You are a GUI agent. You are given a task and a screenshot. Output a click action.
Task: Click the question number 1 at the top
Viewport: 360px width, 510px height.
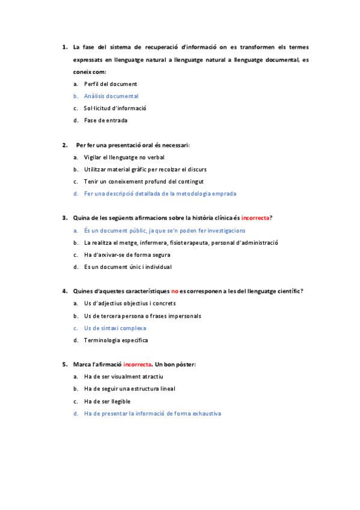(64, 47)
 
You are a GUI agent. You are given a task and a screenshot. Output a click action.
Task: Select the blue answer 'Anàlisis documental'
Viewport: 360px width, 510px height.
(111, 96)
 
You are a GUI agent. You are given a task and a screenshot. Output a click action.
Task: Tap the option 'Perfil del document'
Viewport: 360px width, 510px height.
(111, 84)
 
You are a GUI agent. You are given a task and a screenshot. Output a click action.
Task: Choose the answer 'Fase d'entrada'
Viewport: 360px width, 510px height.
(105, 120)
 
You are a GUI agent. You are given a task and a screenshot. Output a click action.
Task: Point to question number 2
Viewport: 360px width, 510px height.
(64, 145)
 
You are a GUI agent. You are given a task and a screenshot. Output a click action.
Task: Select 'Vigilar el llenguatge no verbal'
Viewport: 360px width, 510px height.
(120, 157)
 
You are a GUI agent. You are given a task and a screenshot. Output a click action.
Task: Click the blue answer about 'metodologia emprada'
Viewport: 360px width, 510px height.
(160, 194)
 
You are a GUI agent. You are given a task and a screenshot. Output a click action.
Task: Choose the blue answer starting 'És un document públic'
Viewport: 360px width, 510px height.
(164, 230)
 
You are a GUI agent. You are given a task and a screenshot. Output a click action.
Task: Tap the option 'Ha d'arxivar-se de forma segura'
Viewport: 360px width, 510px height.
(124, 255)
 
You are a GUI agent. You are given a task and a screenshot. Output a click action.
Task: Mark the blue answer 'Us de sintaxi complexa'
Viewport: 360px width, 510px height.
(115, 328)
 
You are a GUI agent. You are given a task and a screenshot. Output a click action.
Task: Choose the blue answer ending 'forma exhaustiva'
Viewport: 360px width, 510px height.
(153, 414)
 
